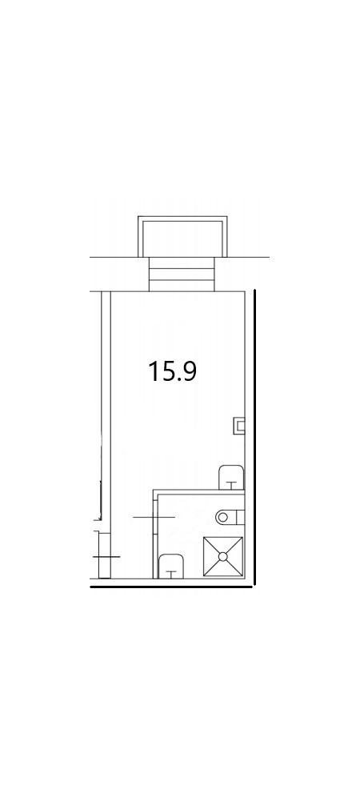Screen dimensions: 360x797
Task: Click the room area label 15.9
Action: pyautogui.click(x=172, y=371)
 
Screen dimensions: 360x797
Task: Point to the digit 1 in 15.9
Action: pyautogui.click(x=154, y=371)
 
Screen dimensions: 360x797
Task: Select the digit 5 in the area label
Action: pyautogui.click(x=166, y=371)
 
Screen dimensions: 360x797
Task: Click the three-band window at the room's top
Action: pyautogui.click(x=182, y=274)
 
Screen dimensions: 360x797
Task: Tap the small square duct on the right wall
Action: pyautogui.click(x=239, y=425)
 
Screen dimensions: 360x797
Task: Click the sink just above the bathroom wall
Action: pyautogui.click(x=231, y=477)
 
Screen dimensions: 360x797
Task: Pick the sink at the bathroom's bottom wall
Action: pyautogui.click(x=171, y=567)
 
